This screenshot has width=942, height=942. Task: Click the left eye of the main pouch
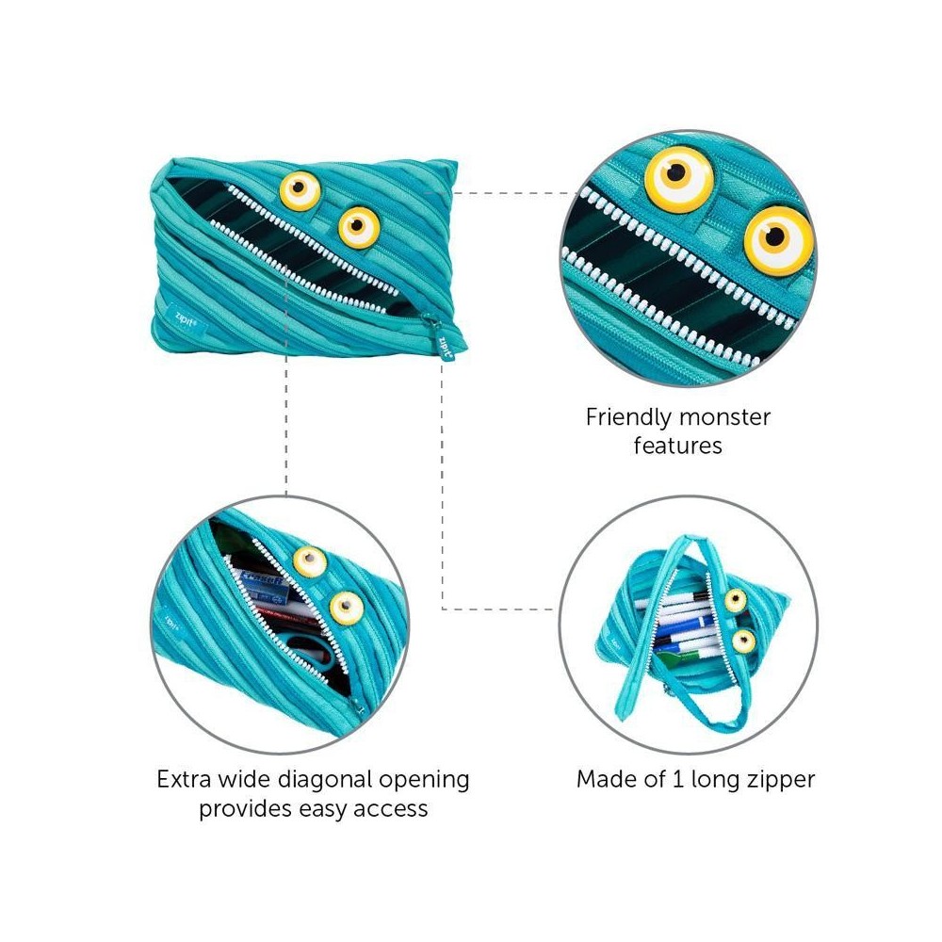(300, 191)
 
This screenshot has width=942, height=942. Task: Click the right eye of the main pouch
(359, 227)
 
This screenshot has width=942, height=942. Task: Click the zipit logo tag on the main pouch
(187, 320)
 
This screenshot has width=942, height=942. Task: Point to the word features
(677, 446)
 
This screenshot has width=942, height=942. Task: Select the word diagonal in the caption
(321, 780)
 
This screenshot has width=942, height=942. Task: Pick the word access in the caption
(391, 808)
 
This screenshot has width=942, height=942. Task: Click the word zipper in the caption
(781, 781)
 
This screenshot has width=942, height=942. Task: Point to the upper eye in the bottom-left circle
(310, 561)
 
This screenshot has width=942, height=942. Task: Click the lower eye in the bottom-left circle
(347, 608)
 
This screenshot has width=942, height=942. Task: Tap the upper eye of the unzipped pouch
(736, 599)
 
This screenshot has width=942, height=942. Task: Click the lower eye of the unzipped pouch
(744, 641)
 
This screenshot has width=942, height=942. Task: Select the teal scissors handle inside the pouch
(313, 651)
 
